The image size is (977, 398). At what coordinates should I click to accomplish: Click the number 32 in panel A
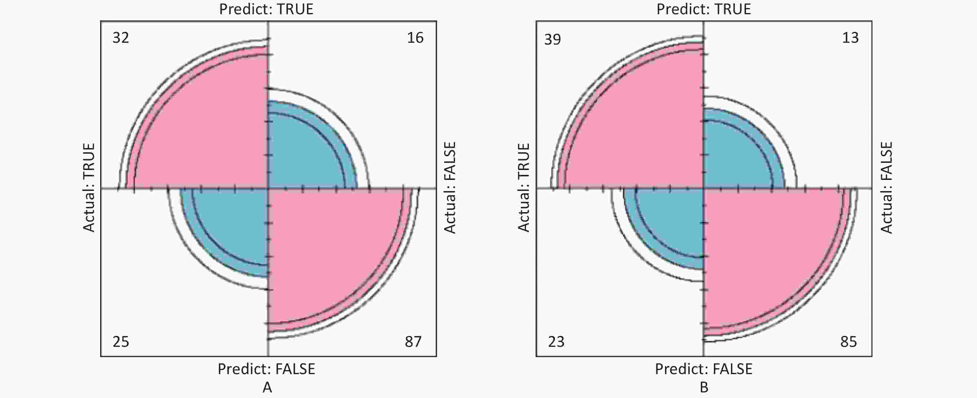click(x=121, y=38)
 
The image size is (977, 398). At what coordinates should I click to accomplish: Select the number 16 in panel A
click(x=415, y=38)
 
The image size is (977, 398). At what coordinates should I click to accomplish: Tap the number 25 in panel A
click(x=121, y=342)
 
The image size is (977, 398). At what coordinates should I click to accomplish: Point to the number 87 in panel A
click(x=413, y=342)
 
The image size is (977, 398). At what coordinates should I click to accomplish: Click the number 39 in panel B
click(x=552, y=39)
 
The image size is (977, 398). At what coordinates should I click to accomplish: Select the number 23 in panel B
click(x=556, y=342)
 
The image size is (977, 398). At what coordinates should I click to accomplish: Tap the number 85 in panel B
click(x=848, y=342)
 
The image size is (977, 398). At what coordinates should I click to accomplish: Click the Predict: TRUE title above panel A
click(x=266, y=9)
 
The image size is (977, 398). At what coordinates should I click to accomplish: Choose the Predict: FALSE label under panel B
click(x=703, y=369)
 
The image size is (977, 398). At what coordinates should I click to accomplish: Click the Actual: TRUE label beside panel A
click(x=89, y=187)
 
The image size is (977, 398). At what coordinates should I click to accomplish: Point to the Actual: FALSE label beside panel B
click(x=886, y=187)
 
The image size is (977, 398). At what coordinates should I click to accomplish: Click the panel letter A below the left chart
click(x=267, y=387)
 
